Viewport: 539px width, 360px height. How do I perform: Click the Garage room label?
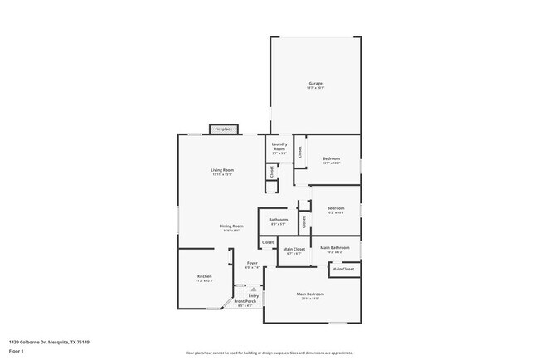pos(315,83)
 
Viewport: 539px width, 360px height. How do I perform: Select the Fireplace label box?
pos(224,129)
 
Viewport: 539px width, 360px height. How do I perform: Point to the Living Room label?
pos(222,170)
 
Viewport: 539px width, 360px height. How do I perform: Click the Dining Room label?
pos(231,226)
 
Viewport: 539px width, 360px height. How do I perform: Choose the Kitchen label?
pos(204,276)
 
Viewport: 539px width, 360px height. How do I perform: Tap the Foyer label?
pos(252,263)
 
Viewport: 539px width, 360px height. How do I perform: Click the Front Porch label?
pos(245,301)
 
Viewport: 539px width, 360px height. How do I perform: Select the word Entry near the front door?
pos(254,295)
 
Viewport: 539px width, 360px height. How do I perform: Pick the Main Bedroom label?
pos(310,294)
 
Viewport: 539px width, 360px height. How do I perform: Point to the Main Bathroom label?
pos(334,248)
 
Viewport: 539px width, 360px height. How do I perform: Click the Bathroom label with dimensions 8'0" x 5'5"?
pos(278,220)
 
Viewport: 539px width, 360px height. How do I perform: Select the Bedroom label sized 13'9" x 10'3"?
pos(331,158)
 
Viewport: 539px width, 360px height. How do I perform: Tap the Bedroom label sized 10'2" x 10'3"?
pos(335,208)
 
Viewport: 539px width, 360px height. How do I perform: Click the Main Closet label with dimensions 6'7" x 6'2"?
pos(294,249)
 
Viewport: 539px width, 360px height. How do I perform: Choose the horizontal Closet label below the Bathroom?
pos(268,243)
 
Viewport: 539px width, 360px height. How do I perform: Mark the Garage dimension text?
pos(315,88)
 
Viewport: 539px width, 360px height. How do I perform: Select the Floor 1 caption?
pos(17,351)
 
